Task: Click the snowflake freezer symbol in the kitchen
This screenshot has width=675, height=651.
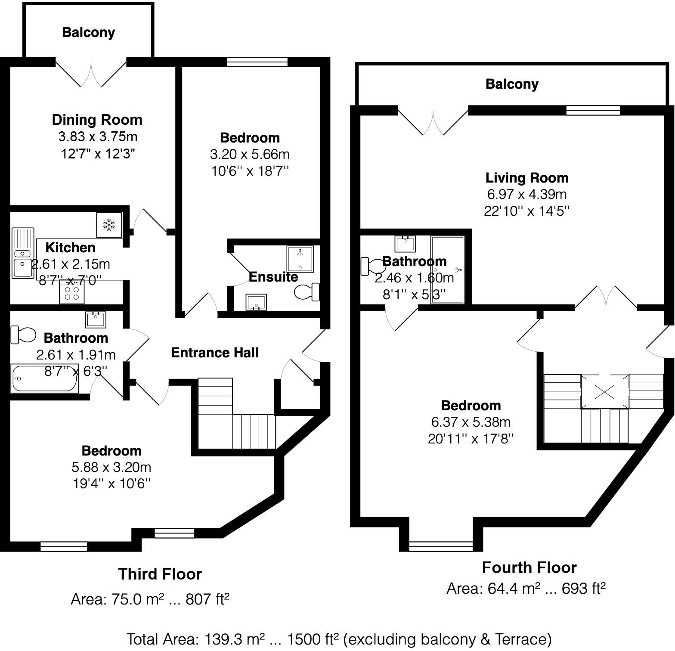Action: coord(109,224)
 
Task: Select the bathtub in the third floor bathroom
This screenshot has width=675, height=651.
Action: coord(45,378)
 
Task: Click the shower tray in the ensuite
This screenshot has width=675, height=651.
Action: coord(300,259)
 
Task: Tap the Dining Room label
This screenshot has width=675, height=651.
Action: coord(97,120)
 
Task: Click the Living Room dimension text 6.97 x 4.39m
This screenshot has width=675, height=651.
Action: coord(526,194)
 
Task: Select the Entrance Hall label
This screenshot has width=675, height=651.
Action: coord(214,353)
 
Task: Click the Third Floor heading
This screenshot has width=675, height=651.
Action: coord(160,574)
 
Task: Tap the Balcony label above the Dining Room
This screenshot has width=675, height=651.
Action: coord(88,32)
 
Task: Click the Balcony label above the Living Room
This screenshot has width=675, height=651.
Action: coord(511,84)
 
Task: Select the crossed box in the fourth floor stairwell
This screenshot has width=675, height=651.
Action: coord(604,392)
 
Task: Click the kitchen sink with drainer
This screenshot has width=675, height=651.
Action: coord(22,254)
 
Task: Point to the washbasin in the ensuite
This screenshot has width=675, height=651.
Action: coord(256,302)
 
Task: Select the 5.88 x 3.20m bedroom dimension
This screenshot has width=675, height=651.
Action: coord(111,467)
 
